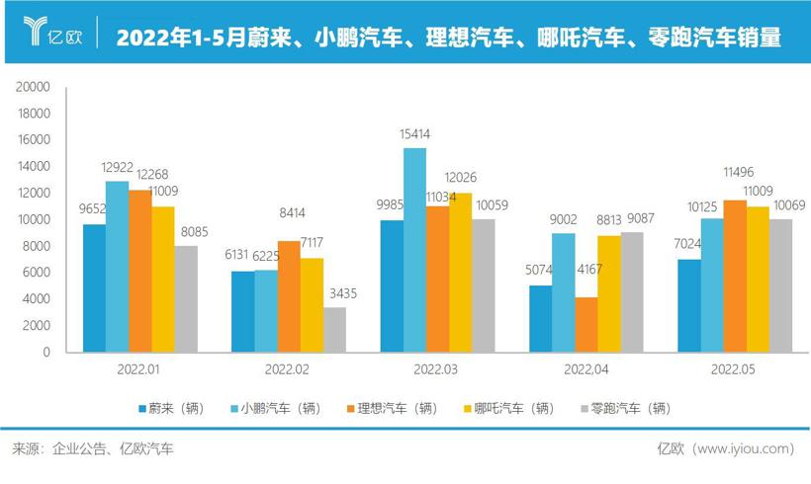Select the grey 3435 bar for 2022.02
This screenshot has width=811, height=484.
coord(335,329)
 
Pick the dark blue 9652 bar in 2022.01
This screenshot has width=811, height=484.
coord(95,287)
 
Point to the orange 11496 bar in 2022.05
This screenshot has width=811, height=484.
coord(736,276)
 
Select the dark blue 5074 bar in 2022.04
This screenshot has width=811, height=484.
coord(541,318)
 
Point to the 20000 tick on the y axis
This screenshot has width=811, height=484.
coord(34,87)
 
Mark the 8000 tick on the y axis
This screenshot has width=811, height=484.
coord(37,246)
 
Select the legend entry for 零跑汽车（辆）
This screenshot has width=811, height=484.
coord(625,408)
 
